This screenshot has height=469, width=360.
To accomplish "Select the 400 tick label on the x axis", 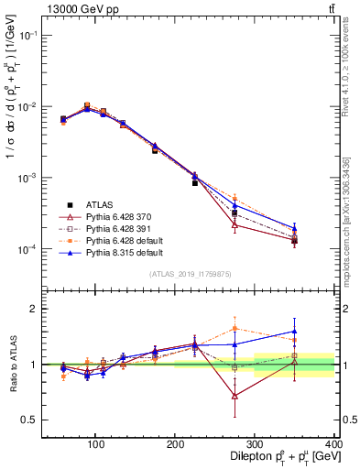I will point(334,444).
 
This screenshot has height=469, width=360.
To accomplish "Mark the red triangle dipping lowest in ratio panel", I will point(235,396).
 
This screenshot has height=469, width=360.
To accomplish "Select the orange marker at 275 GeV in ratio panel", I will point(235,328).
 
